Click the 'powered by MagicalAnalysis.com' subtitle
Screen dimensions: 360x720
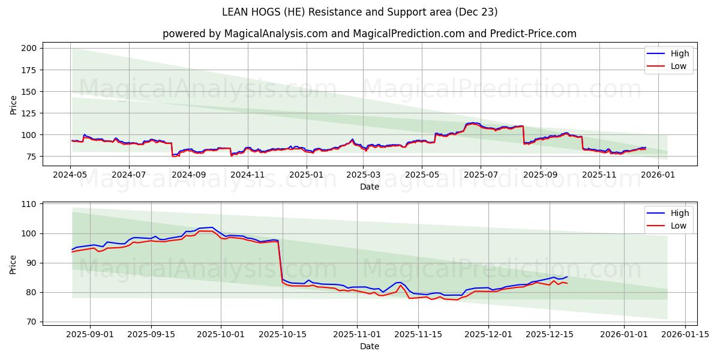click(x=369, y=34)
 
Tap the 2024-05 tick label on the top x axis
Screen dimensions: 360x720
click(x=71, y=175)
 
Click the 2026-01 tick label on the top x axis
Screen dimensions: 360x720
click(x=658, y=175)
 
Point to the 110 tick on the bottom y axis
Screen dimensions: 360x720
click(x=29, y=204)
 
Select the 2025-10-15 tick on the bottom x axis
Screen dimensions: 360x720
click(x=283, y=334)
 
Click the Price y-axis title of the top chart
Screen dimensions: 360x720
click(x=13, y=105)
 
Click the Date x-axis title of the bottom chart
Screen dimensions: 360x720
click(x=369, y=346)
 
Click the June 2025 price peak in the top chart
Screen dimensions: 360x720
click(x=473, y=123)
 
